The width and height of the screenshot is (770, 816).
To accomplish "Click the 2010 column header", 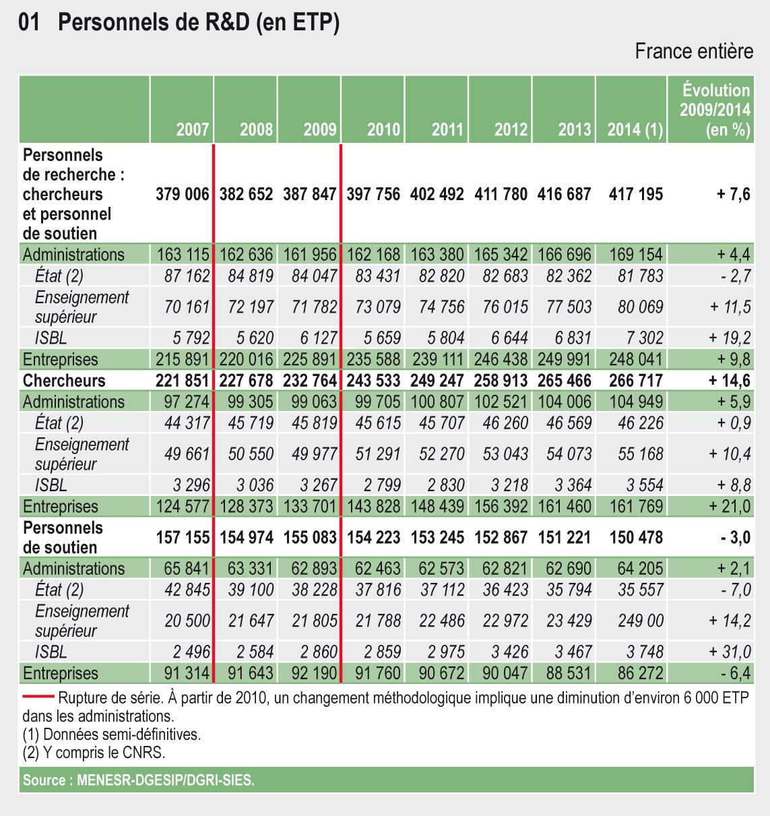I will click(x=383, y=129).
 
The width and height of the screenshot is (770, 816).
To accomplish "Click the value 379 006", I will click(x=183, y=194).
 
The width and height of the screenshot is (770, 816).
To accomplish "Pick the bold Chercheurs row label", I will click(x=64, y=381).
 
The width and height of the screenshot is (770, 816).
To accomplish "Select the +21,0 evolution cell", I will click(x=730, y=507).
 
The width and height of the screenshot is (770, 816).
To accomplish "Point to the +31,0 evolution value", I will click(x=730, y=652).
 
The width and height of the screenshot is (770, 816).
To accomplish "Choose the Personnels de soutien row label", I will click(x=63, y=537).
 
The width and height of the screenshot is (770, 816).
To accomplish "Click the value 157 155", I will click(x=183, y=538).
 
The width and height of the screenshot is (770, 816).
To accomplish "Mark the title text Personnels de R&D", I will click(x=199, y=24).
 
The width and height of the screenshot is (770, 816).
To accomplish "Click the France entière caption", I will click(x=694, y=51).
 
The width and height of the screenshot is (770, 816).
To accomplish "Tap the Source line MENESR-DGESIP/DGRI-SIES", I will click(x=139, y=780).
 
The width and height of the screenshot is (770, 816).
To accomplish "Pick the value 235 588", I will click(x=373, y=360).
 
